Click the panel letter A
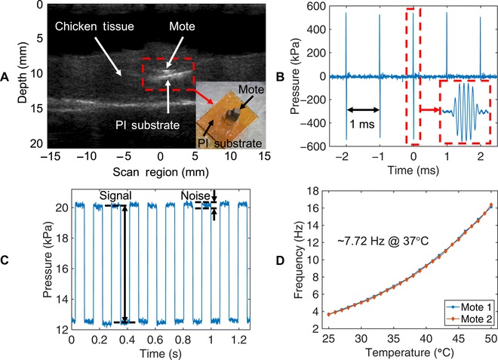click(x=5, y=77)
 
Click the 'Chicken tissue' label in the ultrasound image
click(x=94, y=26)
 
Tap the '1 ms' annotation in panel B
click(x=362, y=124)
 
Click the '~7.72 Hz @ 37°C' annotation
click(x=383, y=242)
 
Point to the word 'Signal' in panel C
click(x=115, y=195)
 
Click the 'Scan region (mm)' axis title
click(x=161, y=172)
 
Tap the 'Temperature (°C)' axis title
click(x=410, y=352)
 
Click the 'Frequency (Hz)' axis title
click(x=298, y=260)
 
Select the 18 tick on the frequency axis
click(x=314, y=191)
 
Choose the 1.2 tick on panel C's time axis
click(x=239, y=340)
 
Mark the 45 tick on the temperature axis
click(x=459, y=340)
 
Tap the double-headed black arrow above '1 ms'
click(x=363, y=110)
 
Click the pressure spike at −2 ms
click(x=346, y=76)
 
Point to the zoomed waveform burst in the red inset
click(x=466, y=112)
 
